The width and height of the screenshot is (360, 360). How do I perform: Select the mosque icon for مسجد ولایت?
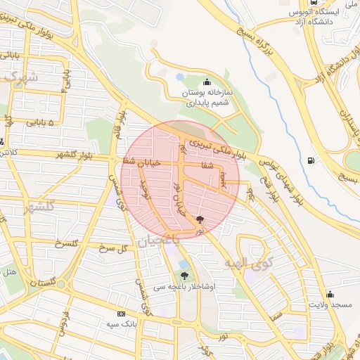tap(330, 294)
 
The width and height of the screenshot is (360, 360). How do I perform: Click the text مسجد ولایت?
tap(333, 304)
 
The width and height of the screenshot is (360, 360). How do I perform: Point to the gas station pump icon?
tap(310, 160)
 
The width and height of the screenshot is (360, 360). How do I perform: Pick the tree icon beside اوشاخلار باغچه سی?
tap(184, 276)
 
